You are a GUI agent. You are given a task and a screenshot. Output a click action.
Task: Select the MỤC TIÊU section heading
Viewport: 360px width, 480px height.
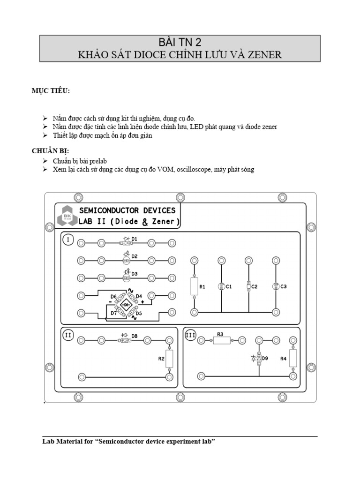pyautogui.click(x=51, y=91)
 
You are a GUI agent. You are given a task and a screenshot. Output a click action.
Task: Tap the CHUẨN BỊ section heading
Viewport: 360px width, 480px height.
pyautogui.click(x=50, y=150)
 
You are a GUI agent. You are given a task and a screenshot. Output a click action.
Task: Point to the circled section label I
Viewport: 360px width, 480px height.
pyautogui.click(x=68, y=240)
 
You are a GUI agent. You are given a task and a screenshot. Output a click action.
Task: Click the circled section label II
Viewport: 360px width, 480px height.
pyautogui.click(x=68, y=335)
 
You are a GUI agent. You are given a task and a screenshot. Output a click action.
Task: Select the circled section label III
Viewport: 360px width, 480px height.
pyautogui.click(x=190, y=335)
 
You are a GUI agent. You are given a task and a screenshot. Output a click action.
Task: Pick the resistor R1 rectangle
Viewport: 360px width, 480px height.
pyautogui.click(x=194, y=285)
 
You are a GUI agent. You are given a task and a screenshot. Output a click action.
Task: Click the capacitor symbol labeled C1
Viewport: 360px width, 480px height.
pyautogui.click(x=221, y=286)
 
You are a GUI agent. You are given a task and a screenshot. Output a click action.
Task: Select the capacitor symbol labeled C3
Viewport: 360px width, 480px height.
pyautogui.click(x=276, y=286)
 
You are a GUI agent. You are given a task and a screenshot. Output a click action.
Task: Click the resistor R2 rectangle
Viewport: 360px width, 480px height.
pyautogui.click(x=169, y=359)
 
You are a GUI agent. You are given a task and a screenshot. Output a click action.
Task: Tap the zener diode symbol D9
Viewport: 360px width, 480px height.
pyautogui.click(x=258, y=359)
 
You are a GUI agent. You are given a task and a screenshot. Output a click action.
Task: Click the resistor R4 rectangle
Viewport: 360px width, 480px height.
pyautogui.click(x=293, y=358)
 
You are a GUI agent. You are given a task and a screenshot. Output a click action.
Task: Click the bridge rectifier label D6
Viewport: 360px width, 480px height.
pyautogui.click(x=113, y=297)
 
